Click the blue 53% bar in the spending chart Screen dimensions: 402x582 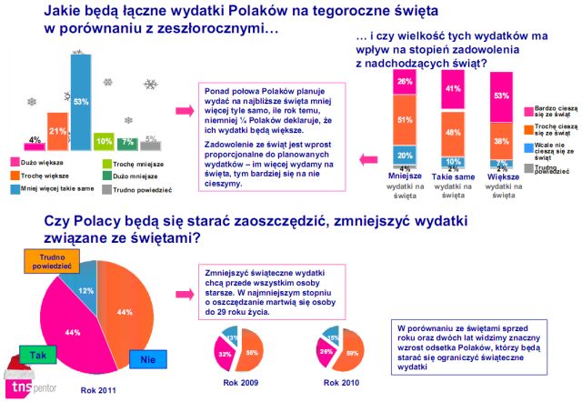pyautogui.click(x=81, y=102)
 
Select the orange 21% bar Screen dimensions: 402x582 pyautogui.click(x=57, y=131)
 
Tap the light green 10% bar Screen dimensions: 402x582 pyautogui.click(x=104, y=142)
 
